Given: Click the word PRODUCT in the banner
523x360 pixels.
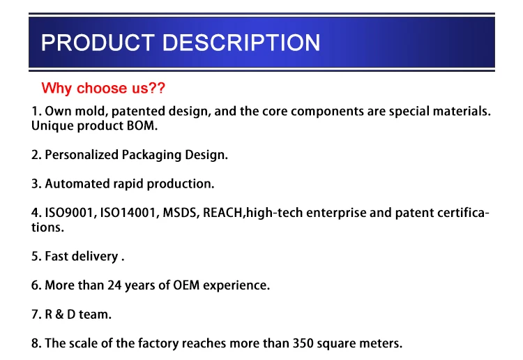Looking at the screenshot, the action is [x=98, y=43].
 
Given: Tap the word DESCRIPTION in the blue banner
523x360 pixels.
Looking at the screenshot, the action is [x=241, y=43].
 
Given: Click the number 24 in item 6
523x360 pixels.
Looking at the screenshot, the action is [x=114, y=285].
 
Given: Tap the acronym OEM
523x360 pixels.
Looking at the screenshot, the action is [x=186, y=285].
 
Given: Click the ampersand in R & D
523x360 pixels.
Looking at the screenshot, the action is [x=60, y=314].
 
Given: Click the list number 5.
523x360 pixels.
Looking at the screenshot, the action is [x=36, y=257].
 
